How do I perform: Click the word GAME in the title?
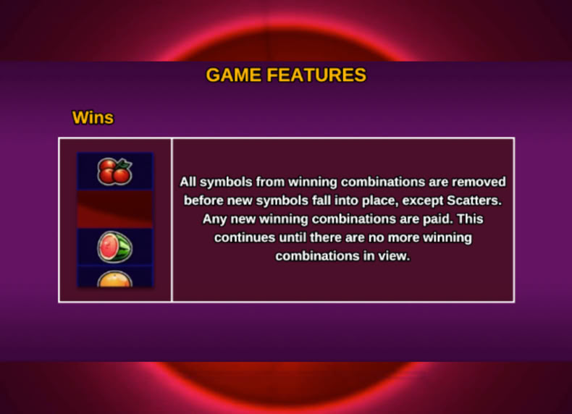tap(233, 75)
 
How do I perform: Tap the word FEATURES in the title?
tap(316, 75)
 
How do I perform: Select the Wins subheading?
tap(93, 118)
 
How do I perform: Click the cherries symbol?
tap(114, 172)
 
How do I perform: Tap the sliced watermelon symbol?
tap(114, 247)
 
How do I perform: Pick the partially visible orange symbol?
tap(114, 279)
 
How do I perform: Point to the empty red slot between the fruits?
tap(114, 209)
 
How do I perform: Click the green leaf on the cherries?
tap(125, 164)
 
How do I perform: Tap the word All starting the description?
tap(188, 182)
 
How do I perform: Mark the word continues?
tap(245, 238)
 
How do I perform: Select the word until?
tap(293, 238)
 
